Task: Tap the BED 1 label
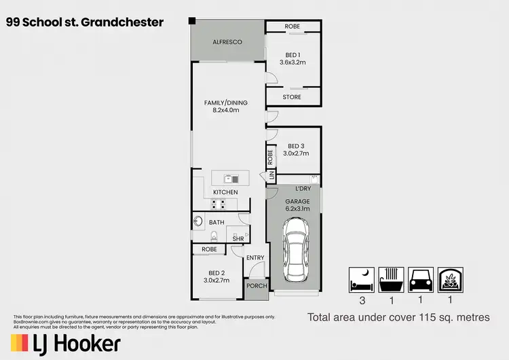[293, 54]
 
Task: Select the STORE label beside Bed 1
[293, 97]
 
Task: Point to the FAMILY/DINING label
[225, 103]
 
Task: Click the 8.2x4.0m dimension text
[225, 110]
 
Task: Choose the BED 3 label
[296, 145]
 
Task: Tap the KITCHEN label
[225, 192]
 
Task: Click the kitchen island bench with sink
[230, 179]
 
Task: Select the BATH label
[216, 222]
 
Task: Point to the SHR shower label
[238, 238]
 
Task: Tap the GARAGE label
[297, 202]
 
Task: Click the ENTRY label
[255, 257]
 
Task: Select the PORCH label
[255, 286]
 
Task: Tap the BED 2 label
[214, 272]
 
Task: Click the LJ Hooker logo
[66, 344]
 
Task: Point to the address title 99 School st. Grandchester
[85, 22]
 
